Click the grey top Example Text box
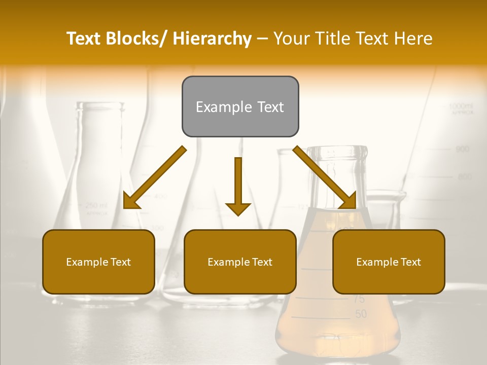click(240, 106)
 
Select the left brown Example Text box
click(98, 262)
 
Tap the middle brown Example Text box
click(240, 262)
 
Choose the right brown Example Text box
click(389, 262)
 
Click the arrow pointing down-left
click(154, 178)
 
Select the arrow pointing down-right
click(325, 178)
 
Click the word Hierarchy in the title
click(212, 39)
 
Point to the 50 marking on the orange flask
click(361, 314)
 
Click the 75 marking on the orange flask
click(359, 299)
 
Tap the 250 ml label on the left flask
click(96, 205)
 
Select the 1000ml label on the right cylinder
click(461, 106)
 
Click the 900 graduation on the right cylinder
click(462, 149)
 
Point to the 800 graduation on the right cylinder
click(465, 177)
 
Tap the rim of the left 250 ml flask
click(100, 105)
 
